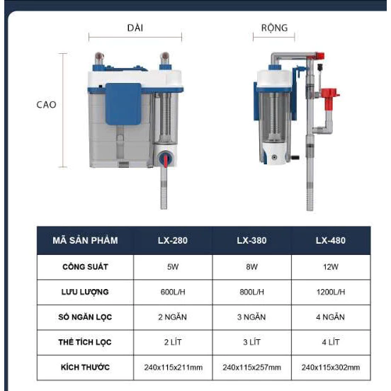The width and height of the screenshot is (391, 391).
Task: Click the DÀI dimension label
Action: [135, 28]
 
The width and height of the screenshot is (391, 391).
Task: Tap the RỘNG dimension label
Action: [274, 28]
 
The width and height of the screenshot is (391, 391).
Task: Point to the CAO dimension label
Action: [46, 105]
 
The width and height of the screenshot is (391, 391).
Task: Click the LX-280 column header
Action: [173, 240]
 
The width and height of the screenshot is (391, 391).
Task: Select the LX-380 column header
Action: [251, 240]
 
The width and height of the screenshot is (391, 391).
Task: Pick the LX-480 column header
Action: [331, 240]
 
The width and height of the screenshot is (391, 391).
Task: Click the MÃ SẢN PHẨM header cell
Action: [85, 240]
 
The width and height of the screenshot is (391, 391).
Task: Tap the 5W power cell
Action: [173, 267]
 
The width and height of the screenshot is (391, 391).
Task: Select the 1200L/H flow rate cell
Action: [331, 292]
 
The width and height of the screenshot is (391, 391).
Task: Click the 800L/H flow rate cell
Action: [251, 292]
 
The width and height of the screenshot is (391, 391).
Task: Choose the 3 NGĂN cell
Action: [251, 317]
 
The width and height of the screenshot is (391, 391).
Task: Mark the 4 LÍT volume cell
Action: [331, 342]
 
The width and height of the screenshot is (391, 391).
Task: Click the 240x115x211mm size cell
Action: [173, 368]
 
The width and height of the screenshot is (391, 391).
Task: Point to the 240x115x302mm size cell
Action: [331, 368]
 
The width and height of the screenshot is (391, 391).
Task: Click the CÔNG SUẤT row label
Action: [85, 266]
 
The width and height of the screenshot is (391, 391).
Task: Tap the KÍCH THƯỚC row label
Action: [85, 367]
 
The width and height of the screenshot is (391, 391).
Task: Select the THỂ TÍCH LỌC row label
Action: [85, 342]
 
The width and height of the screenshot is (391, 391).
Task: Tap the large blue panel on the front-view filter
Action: [123, 104]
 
